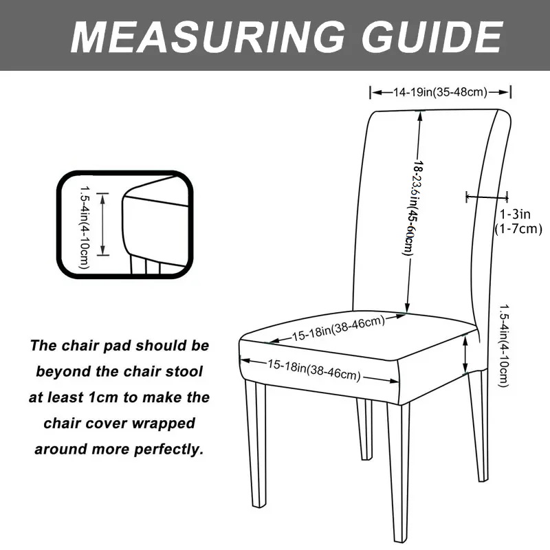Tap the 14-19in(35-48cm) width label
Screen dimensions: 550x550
(x=441, y=92)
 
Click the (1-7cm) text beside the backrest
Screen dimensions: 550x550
(x=518, y=228)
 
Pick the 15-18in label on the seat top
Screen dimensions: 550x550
(x=338, y=329)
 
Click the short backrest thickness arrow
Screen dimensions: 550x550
(x=486, y=197)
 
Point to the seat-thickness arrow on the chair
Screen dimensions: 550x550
(x=466, y=353)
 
